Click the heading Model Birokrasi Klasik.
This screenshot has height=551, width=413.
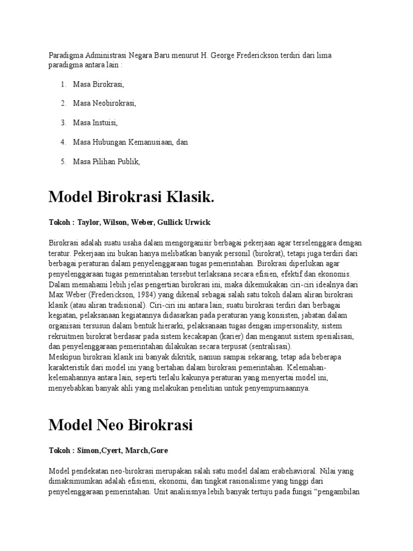coord(131,197)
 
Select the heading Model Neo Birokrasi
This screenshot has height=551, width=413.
coord(120,425)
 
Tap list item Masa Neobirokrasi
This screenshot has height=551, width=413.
coord(104,103)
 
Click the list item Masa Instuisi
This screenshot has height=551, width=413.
coord(96,122)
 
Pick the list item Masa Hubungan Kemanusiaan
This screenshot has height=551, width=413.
coord(124,142)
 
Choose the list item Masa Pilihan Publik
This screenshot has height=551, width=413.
coord(106,161)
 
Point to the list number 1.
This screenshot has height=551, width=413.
coord(63,83)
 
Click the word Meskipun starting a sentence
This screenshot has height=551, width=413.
coord(65,357)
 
